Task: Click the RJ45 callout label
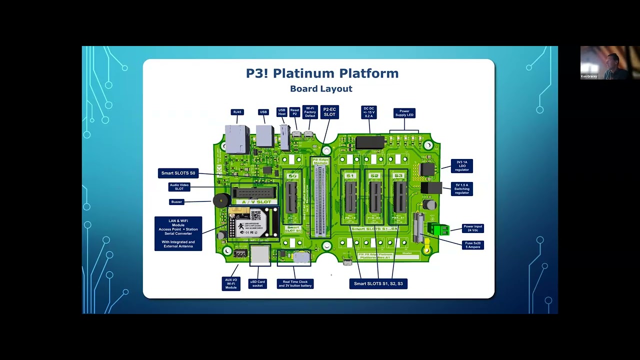[237, 112]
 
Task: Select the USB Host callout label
[282, 112]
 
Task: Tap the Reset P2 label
[294, 112]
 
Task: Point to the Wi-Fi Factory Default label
[310, 112]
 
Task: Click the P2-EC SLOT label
[329, 112]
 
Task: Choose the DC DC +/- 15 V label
[368, 112]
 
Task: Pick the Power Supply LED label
[404, 113]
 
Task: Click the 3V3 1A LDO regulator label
[461, 166]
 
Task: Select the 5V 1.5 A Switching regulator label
[461, 189]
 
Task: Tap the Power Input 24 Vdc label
[472, 228]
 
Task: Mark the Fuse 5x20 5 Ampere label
[472, 245]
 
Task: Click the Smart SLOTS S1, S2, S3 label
[378, 284]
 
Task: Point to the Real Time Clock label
[295, 284]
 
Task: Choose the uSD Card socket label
[257, 283]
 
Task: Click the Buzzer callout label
[176, 202]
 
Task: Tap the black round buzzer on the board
[220, 201]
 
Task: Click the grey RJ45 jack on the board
[237, 138]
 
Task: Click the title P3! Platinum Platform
[322, 73]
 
